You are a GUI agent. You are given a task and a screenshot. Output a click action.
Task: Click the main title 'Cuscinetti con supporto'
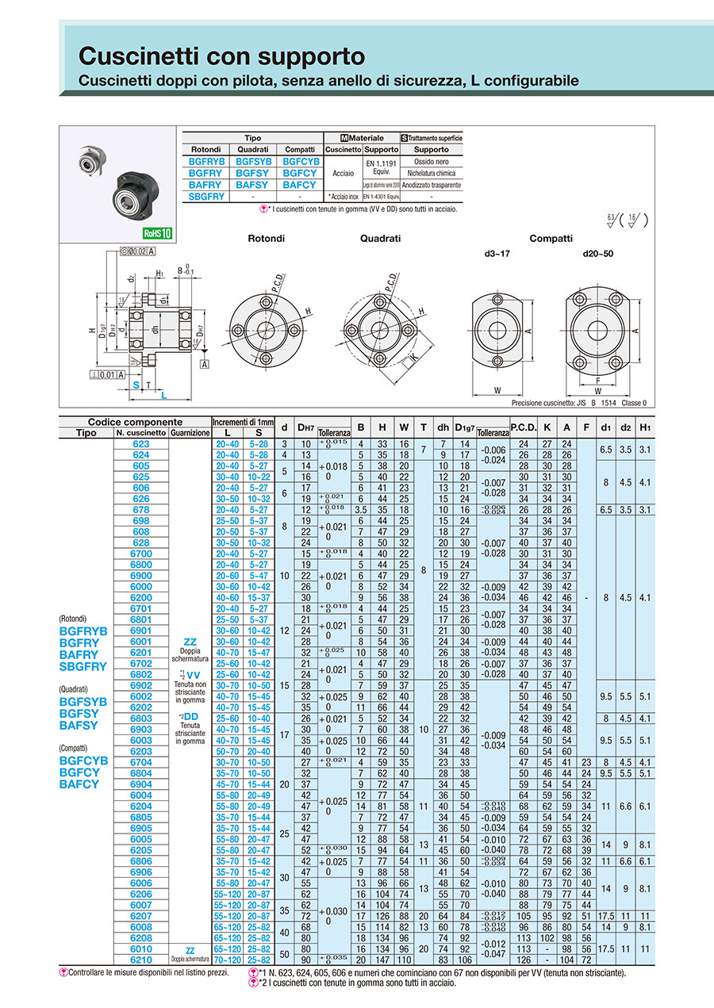(222, 56)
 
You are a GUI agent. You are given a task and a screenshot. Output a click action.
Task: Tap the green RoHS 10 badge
(157, 233)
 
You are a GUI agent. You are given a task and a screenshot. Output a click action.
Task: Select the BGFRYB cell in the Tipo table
(205, 161)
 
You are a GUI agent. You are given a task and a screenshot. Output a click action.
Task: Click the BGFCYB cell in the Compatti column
(300, 161)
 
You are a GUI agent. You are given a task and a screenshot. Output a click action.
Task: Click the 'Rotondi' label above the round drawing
(266, 238)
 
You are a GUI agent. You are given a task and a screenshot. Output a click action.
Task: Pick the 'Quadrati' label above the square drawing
(380, 238)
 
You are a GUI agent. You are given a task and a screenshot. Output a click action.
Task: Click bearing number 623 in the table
(141, 444)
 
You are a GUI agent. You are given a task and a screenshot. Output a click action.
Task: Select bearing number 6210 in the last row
(141, 960)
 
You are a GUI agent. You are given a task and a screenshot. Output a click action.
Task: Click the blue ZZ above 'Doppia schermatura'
(190, 641)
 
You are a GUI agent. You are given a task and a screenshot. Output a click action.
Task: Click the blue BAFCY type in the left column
(79, 784)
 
